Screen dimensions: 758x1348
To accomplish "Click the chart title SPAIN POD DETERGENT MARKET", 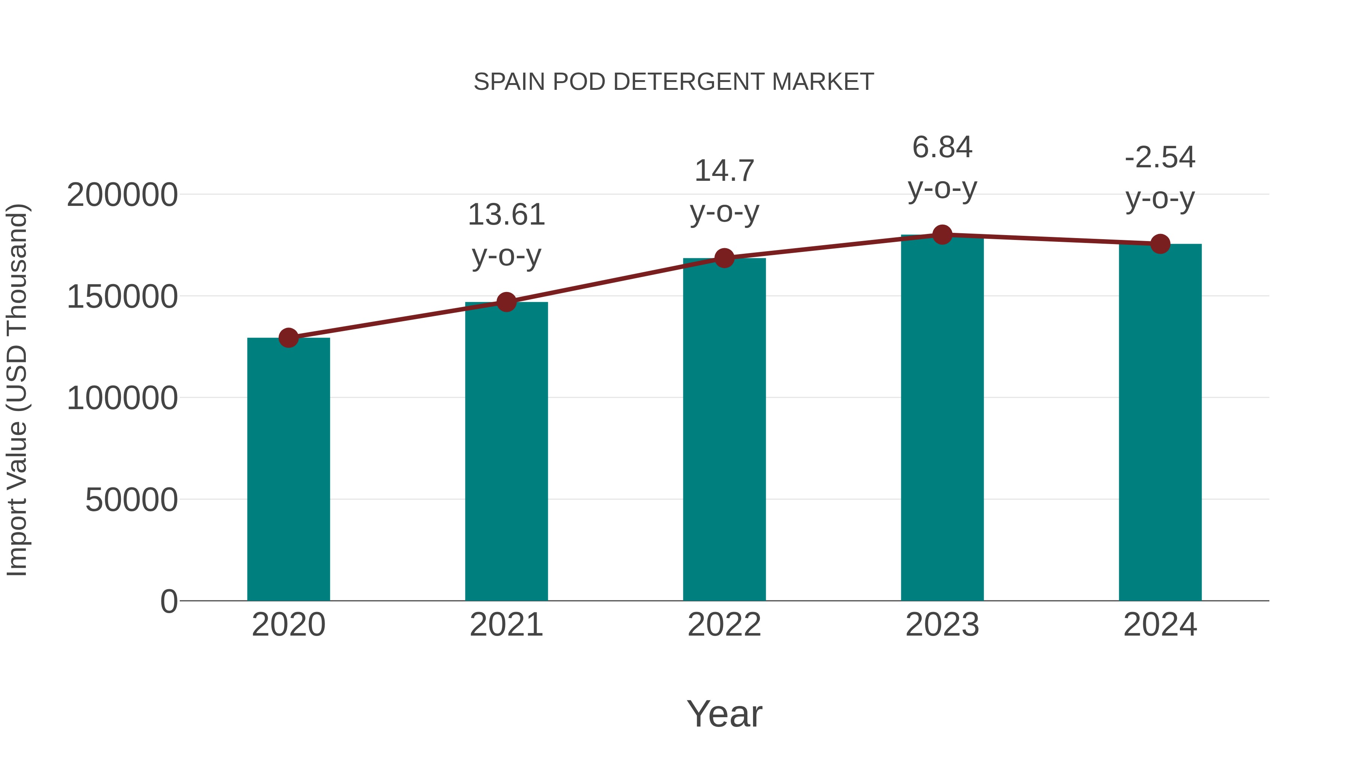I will pyautogui.click(x=674, y=82).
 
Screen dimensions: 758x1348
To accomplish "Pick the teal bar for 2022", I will pyautogui.click(x=724, y=429).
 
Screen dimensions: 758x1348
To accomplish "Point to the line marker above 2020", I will pyautogui.click(x=288, y=338).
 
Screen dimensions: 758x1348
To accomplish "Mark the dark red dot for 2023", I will pyautogui.click(x=942, y=235).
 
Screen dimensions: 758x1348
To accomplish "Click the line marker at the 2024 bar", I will pyautogui.click(x=1160, y=244).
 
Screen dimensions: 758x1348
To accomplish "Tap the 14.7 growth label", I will pyautogui.click(x=724, y=191).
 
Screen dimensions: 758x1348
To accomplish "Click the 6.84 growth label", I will pyautogui.click(x=942, y=167).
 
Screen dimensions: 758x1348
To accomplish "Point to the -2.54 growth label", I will pyautogui.click(x=1160, y=177).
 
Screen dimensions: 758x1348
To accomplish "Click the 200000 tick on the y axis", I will pyautogui.click(x=122, y=195).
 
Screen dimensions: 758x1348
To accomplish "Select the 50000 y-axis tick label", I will pyautogui.click(x=131, y=500).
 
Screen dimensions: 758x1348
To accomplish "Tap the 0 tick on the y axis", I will pyautogui.click(x=169, y=601).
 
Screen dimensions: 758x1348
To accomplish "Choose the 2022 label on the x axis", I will pyautogui.click(x=724, y=625).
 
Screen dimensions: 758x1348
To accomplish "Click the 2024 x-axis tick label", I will pyautogui.click(x=1160, y=625).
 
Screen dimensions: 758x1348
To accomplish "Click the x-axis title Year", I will pyautogui.click(x=724, y=713).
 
